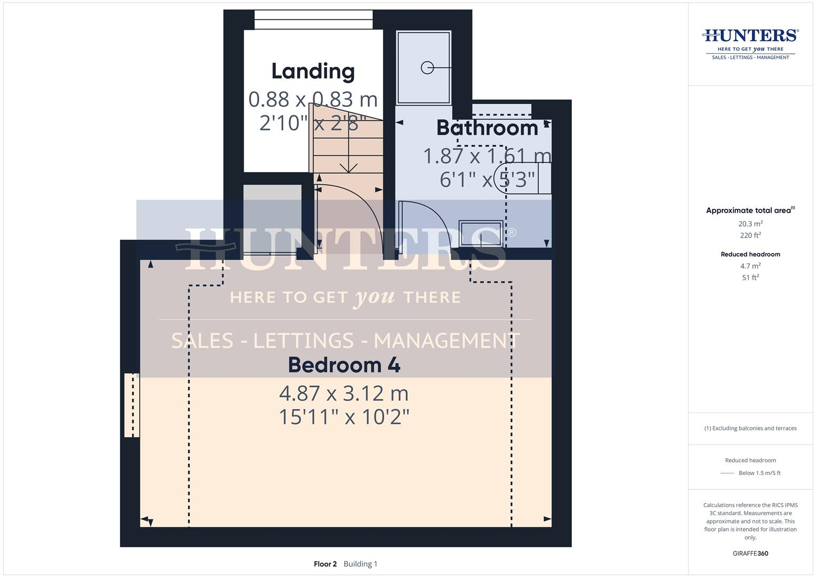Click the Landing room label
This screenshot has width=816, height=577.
(x=313, y=71)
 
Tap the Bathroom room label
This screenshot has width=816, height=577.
(x=487, y=128)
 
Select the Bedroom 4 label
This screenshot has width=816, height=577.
(x=344, y=365)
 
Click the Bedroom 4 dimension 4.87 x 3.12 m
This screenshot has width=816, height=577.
(x=344, y=394)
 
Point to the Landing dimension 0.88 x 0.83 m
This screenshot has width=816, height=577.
(x=313, y=99)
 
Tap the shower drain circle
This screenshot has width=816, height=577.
(x=427, y=68)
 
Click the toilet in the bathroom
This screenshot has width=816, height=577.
(x=521, y=178)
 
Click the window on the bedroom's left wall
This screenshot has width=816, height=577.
(x=131, y=405)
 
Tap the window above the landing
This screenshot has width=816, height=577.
(x=313, y=20)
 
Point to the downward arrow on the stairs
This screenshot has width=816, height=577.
(x=348, y=167)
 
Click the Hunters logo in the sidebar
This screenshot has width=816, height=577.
(x=750, y=43)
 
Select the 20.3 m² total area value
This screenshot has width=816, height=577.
(x=750, y=224)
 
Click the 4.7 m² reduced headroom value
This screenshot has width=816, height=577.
(x=750, y=266)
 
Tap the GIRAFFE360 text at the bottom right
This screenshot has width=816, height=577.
(x=750, y=553)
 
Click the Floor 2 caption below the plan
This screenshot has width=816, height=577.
(x=325, y=564)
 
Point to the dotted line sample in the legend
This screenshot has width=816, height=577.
(x=727, y=473)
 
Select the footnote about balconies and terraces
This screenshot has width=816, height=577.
(x=750, y=428)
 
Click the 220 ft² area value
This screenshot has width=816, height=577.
(x=750, y=236)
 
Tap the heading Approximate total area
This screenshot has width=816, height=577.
(x=750, y=210)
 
